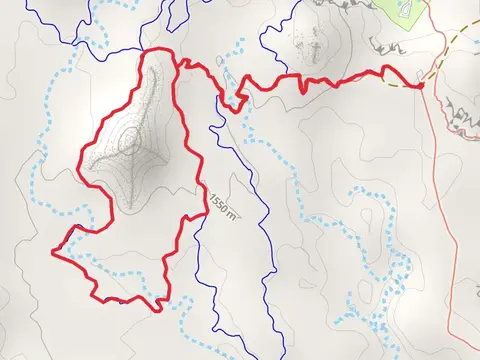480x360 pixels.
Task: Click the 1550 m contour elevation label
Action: point(225,204)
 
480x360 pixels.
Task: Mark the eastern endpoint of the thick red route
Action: point(421,86)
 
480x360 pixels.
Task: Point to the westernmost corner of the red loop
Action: point(53,250)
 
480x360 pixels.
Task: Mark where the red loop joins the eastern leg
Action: point(177,63)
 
